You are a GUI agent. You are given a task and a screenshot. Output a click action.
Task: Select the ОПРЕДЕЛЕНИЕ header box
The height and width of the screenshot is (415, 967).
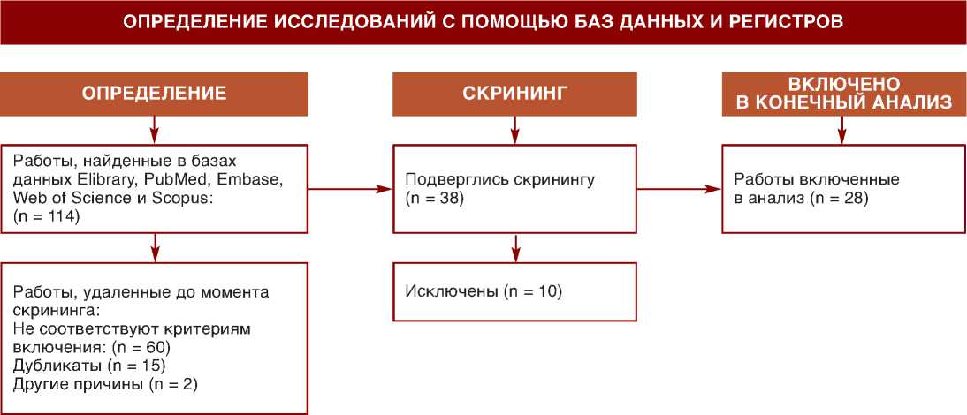[x=155, y=94]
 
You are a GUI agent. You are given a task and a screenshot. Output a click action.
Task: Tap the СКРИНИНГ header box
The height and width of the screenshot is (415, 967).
[x=514, y=94]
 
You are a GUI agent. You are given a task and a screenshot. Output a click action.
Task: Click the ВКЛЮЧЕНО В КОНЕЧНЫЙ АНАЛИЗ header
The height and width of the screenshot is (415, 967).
[x=843, y=94]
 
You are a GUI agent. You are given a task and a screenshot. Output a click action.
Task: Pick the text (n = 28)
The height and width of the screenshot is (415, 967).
[x=839, y=198]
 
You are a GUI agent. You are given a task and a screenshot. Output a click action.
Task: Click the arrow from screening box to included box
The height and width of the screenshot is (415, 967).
[x=679, y=188]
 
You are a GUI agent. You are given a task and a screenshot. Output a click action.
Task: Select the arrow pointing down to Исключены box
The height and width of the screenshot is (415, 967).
[x=515, y=248]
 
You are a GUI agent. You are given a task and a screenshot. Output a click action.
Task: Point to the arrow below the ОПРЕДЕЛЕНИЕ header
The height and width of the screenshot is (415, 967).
[x=155, y=130]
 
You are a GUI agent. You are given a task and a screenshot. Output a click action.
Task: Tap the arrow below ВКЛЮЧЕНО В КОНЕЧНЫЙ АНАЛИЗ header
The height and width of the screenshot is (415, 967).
[x=842, y=130]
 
